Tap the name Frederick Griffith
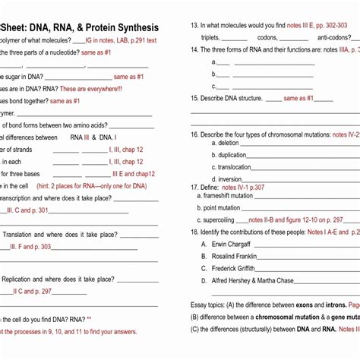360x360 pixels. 234,268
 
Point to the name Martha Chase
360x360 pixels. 276,280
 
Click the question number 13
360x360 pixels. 194,25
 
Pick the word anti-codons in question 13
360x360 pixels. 334,37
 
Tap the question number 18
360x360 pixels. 194,231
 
